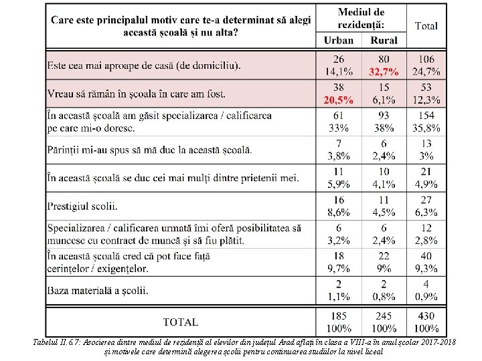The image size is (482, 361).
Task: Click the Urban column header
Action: (x=339, y=40)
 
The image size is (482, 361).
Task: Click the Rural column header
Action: (x=383, y=40)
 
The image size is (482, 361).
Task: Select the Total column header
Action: (x=426, y=26)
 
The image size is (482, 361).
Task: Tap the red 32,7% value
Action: (x=383, y=72)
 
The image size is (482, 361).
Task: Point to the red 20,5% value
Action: (x=339, y=100)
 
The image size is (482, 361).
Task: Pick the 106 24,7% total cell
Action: (x=426, y=66)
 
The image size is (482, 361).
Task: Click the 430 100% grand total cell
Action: (x=426, y=322)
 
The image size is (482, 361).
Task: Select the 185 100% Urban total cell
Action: (x=339, y=322)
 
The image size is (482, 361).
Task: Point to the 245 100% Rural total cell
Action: (x=383, y=322)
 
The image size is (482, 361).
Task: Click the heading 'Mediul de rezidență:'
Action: (x=361, y=18)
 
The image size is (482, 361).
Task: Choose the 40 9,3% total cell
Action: (x=426, y=262)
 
